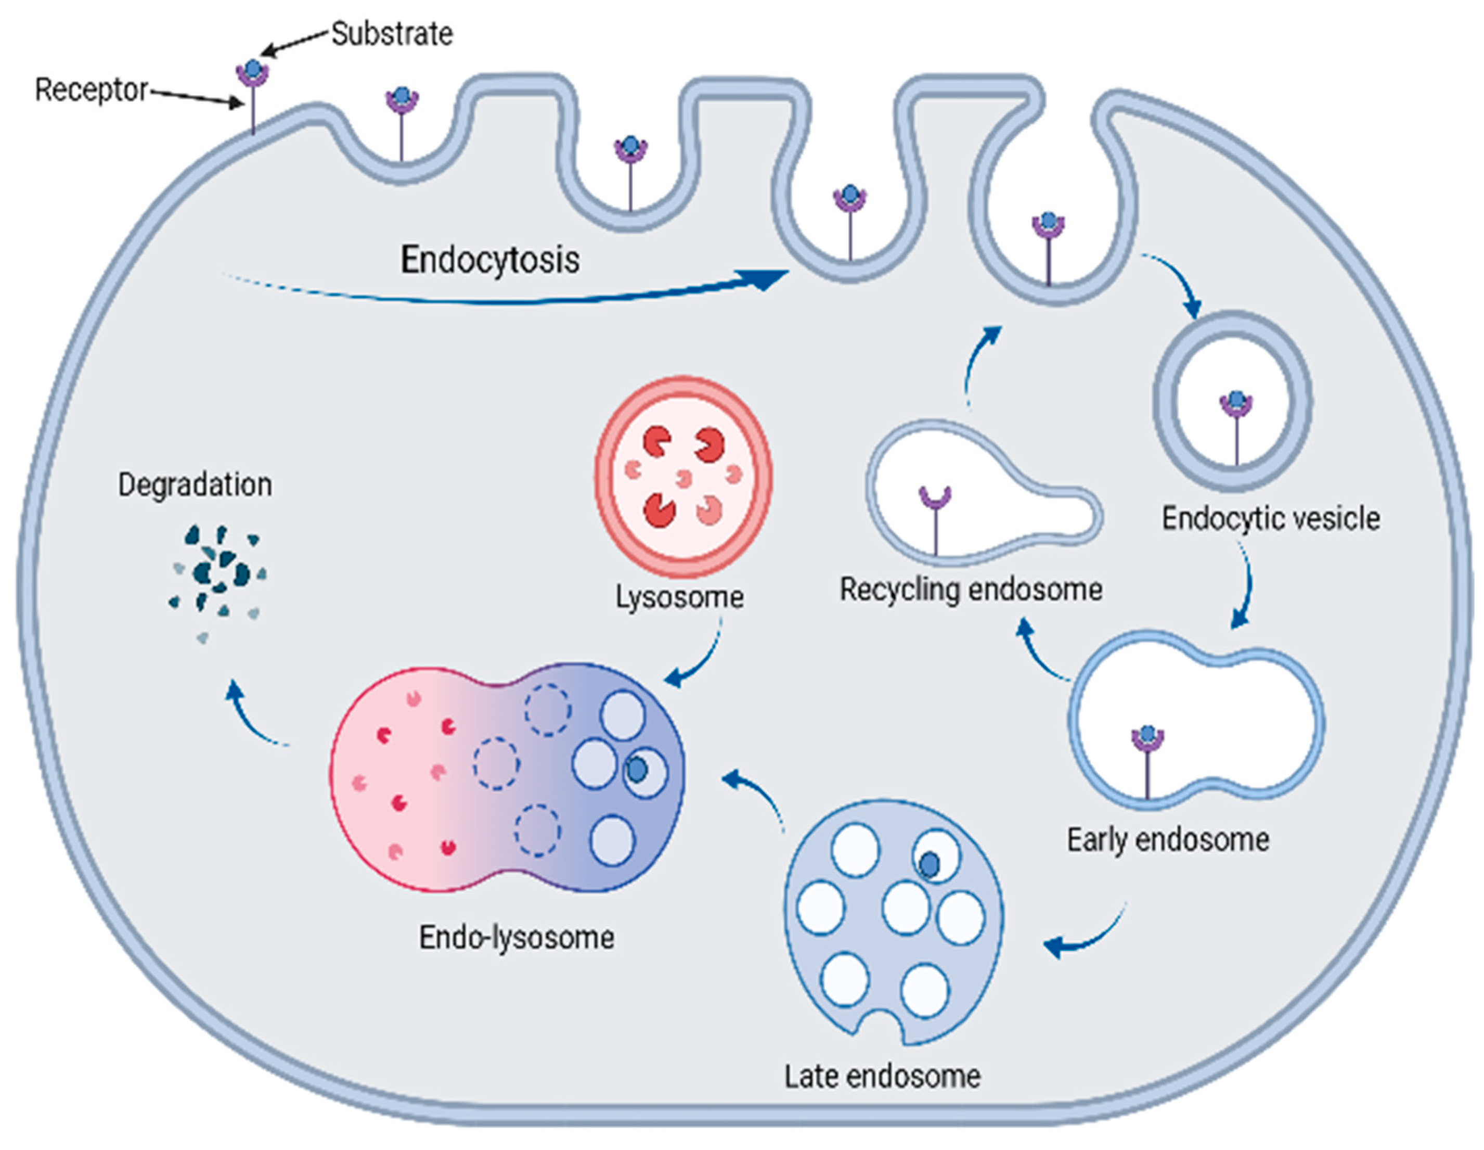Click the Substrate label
(392, 34)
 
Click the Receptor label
(91, 90)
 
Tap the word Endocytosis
(490, 260)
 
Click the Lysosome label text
(679, 597)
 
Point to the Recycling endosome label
(971, 589)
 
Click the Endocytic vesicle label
(1271, 519)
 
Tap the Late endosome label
(883, 1077)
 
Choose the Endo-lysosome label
(517, 938)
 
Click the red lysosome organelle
(683, 476)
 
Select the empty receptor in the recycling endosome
(936, 517)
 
